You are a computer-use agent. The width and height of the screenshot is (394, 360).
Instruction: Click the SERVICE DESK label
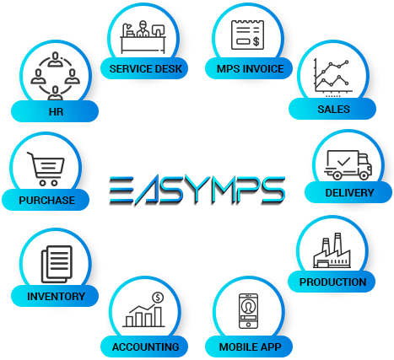[144, 68]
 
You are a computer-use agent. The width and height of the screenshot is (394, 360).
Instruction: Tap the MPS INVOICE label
[249, 68]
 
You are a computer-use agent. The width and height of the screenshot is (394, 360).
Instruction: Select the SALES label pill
[332, 109]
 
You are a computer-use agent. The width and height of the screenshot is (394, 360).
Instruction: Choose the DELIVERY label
[348, 192]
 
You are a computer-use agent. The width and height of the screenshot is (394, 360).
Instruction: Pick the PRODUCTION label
[332, 282]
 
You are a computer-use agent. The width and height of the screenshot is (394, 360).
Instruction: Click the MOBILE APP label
[249, 347]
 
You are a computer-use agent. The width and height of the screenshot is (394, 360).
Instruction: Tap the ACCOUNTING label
[144, 347]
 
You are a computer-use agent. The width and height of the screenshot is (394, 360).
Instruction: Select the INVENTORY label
[55, 296]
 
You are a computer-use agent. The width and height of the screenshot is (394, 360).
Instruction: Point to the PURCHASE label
[46, 200]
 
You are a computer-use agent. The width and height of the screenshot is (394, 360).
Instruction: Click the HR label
[55, 111]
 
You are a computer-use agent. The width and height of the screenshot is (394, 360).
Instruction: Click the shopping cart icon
[46, 169]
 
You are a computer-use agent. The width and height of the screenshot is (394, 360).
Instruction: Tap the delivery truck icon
[348, 165]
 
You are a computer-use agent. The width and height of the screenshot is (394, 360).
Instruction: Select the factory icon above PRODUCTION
[332, 250]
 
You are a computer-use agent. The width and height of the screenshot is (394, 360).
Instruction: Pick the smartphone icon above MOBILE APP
[248, 311]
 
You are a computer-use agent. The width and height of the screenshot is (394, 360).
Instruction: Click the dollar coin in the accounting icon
[158, 298]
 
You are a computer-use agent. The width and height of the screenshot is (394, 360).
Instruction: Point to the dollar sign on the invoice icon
[256, 41]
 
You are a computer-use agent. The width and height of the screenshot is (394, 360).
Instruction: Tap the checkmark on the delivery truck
[343, 161]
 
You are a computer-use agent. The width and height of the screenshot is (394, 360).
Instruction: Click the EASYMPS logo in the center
[197, 191]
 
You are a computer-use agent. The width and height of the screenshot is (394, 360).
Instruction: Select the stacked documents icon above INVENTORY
[57, 264]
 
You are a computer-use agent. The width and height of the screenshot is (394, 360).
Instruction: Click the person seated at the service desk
[143, 29]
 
